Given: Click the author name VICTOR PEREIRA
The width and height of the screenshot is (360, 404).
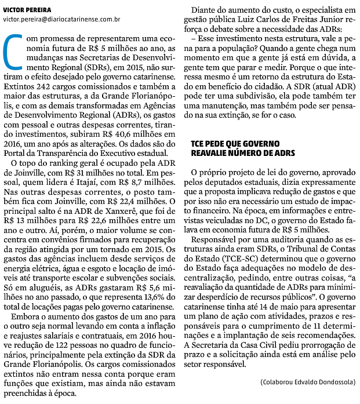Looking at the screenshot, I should click(x=27, y=10).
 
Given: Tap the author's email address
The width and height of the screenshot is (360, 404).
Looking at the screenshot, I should click(x=61, y=20).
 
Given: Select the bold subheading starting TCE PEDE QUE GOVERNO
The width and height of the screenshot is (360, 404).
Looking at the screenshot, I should click(x=243, y=149).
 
